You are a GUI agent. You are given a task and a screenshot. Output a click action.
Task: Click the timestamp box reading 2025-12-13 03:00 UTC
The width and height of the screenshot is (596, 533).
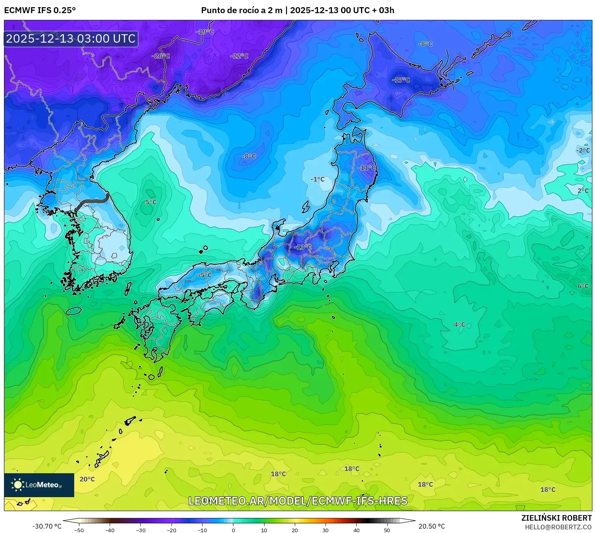71,39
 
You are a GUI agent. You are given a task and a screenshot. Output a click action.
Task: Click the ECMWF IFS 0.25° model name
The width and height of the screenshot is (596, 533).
40,10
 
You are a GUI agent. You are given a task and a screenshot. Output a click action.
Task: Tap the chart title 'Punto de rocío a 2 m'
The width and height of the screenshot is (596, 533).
241,10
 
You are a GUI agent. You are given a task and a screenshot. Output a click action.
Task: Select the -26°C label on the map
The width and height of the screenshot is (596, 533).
161,56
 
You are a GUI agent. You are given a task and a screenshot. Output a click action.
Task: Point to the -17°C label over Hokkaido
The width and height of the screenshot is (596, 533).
401,80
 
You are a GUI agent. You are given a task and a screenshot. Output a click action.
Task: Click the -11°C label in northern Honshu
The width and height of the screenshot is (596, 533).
367,168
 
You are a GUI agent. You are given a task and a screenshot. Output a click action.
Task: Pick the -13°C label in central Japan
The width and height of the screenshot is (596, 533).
303,247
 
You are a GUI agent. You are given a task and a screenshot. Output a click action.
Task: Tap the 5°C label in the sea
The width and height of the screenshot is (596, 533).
151,202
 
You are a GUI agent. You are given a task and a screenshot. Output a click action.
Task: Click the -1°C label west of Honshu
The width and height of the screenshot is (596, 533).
318,179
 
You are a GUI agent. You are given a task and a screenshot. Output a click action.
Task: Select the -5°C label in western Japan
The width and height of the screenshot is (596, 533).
205,275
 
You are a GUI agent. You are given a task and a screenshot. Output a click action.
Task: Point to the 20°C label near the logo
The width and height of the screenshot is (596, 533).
87,479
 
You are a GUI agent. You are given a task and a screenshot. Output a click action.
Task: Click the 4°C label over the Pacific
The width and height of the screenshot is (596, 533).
460,325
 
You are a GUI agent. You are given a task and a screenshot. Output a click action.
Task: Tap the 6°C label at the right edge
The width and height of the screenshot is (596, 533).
583,286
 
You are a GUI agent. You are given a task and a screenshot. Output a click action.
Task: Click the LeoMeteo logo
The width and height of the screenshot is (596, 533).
39,485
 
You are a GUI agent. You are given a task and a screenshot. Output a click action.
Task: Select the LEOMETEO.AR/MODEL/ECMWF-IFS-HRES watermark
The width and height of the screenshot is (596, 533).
298,501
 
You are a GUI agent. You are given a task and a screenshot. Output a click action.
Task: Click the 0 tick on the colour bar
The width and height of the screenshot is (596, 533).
233,530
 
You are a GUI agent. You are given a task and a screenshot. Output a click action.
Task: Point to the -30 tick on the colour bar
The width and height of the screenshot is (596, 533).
141,530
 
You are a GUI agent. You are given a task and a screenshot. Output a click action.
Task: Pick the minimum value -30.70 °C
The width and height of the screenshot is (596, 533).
47,526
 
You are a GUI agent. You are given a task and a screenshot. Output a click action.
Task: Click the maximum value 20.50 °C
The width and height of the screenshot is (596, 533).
432,526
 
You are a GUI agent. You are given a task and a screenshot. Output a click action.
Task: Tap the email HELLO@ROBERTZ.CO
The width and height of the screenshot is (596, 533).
558,527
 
